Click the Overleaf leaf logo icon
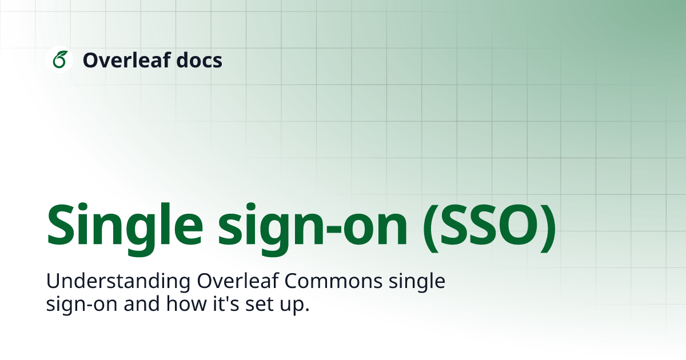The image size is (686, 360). (59, 59)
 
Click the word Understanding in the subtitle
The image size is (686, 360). (118, 281)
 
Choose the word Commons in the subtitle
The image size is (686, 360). (333, 281)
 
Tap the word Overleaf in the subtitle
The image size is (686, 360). (238, 281)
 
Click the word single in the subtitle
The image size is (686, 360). (417, 281)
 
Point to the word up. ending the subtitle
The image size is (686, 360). (294, 306)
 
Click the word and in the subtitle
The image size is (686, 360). (142, 303)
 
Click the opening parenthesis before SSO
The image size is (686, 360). (430, 228)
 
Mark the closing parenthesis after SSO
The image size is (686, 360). (548, 228)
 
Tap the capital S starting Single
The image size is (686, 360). (61, 225)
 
